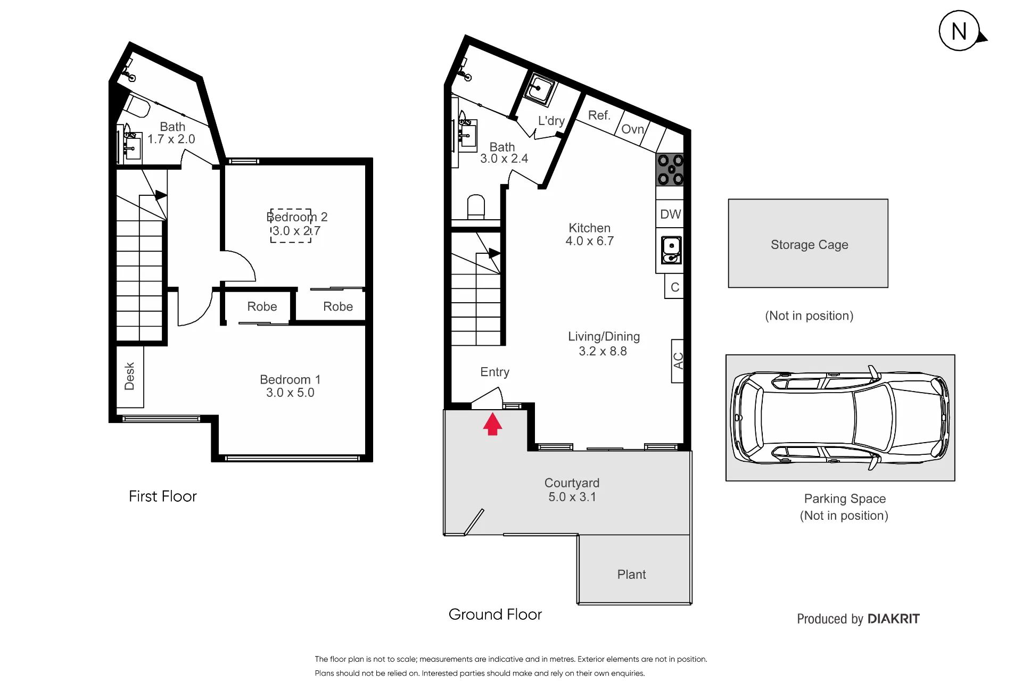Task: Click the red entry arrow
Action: click(492, 424)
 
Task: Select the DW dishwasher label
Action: click(670, 214)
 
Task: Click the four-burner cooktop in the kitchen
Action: click(670, 170)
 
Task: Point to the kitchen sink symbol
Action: click(671, 250)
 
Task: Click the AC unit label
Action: click(678, 361)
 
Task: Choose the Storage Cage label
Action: click(809, 245)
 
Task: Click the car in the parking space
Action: click(840, 418)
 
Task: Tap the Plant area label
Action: click(631, 575)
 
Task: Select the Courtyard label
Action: click(572, 483)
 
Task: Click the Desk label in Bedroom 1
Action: click(129, 376)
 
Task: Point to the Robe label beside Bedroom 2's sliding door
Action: click(338, 306)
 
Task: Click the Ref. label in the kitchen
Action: click(599, 115)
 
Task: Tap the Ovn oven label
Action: click(632, 129)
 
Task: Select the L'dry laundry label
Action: click(551, 121)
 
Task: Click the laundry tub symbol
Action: click(540, 88)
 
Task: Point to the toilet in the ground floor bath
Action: click(476, 207)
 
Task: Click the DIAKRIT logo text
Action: click(894, 619)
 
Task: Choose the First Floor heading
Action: click(163, 496)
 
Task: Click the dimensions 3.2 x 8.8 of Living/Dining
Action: click(603, 351)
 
